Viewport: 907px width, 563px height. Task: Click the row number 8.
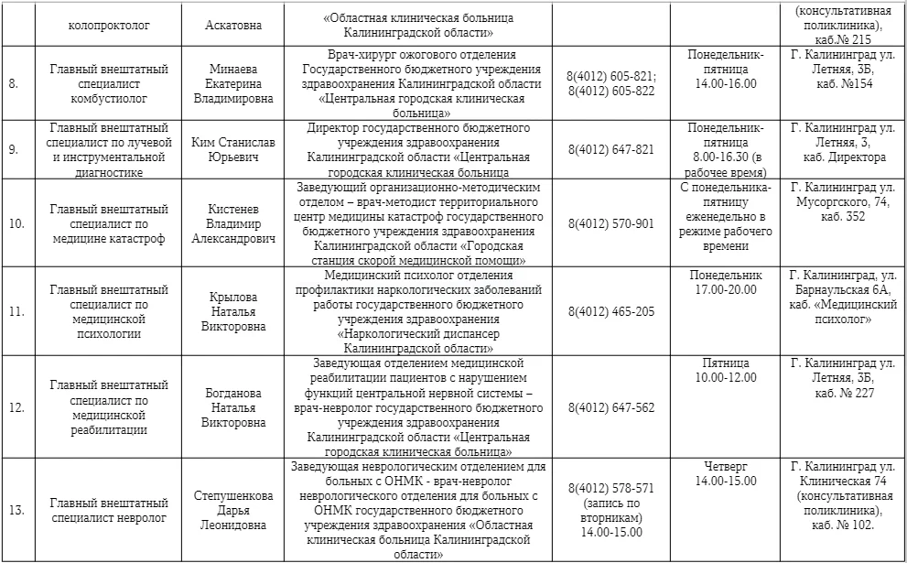[13, 83]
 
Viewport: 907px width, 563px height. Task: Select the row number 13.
[16, 510]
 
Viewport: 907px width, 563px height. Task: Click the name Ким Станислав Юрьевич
[233, 149]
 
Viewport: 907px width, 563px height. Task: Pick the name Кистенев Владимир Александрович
[233, 223]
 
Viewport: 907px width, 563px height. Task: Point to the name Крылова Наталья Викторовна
[233, 311]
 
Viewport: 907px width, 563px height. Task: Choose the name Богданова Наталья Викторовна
[233, 407]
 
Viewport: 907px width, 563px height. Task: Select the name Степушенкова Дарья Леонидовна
[233, 510]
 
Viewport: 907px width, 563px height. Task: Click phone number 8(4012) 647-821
[610, 149]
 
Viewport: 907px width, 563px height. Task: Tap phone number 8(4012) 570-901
[610, 223]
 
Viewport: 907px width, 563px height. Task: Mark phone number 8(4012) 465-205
[610, 311]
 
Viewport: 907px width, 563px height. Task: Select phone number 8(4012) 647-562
[610, 407]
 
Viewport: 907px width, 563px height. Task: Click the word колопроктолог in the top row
[108, 25]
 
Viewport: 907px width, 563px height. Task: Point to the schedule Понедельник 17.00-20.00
[726, 282]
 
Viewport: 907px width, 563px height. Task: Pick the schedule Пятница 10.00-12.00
[726, 370]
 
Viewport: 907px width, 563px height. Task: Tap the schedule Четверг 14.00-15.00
[726, 473]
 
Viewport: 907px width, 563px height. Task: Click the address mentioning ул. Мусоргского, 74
[843, 201]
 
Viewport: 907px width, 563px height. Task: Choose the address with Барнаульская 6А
[843, 297]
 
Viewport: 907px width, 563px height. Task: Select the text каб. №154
[843, 83]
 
